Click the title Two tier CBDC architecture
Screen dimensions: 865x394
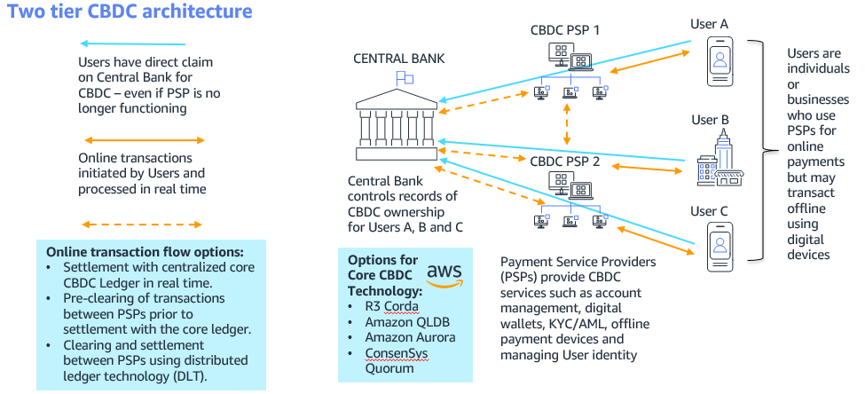(130, 12)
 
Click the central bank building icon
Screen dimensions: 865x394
(397, 126)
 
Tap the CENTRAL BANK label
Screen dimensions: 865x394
(398, 59)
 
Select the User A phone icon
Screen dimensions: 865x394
(720, 61)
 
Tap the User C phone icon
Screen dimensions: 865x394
(720, 246)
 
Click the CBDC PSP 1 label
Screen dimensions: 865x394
(565, 30)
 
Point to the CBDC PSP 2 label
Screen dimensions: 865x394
(565, 162)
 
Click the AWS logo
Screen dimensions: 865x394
(444, 275)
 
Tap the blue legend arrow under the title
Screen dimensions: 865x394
(132, 43)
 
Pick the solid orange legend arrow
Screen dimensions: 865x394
(144, 140)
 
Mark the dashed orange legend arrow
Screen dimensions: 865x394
(142, 225)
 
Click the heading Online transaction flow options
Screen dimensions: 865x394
(145, 252)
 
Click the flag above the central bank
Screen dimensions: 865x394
(405, 78)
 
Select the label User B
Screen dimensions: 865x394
(710, 120)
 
